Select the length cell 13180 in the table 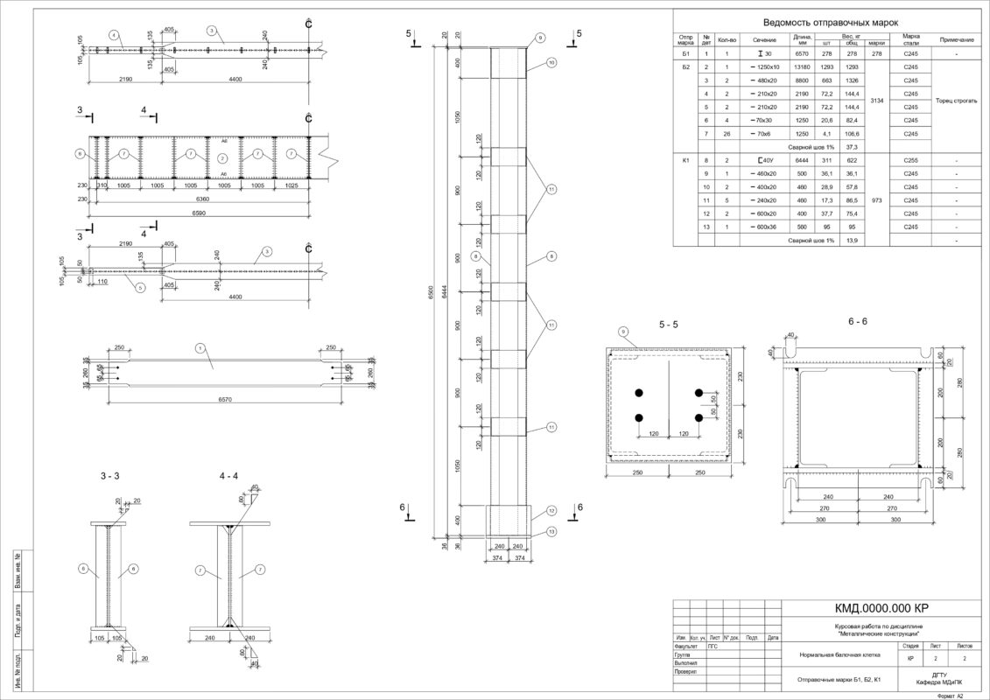803,66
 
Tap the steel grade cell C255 910,160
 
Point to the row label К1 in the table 686,160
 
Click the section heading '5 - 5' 669,325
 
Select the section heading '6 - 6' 857,321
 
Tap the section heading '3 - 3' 109,476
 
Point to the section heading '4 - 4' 228,476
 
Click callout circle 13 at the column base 552,531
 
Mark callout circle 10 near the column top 551,63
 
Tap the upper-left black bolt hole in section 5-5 640,391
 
